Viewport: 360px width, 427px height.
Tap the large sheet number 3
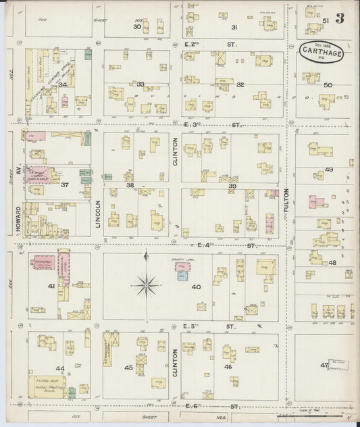tap(338, 18)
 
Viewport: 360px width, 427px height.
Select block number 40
tap(196, 287)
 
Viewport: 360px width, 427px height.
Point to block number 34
tap(62, 84)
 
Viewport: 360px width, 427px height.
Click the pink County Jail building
tap(182, 266)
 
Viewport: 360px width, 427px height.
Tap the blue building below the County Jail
tap(182, 276)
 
